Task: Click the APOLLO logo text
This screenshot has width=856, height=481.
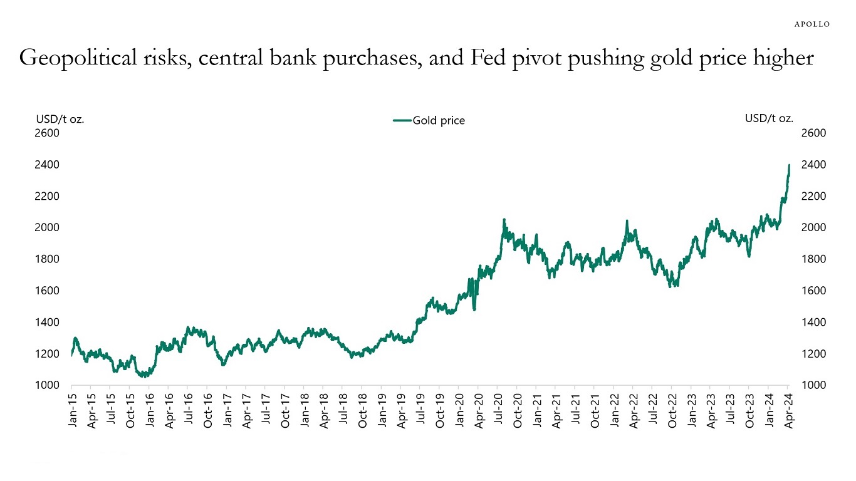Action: (x=812, y=24)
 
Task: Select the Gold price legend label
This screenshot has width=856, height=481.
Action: (x=438, y=121)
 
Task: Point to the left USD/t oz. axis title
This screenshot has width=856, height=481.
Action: (x=60, y=118)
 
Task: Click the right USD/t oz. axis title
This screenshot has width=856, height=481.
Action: (x=769, y=118)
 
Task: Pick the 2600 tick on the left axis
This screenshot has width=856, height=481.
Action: (x=48, y=133)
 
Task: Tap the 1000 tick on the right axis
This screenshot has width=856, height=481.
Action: (x=813, y=386)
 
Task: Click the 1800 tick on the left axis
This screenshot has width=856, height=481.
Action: (x=48, y=259)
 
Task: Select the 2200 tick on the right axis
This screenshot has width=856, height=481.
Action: (x=813, y=197)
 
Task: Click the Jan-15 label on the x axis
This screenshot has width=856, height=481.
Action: (x=73, y=411)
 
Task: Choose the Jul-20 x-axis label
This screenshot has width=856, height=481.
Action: (x=499, y=411)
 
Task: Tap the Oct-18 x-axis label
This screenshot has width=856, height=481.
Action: (x=363, y=411)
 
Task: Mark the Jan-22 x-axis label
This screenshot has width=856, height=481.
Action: (x=615, y=411)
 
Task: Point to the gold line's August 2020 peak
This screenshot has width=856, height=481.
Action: (x=504, y=220)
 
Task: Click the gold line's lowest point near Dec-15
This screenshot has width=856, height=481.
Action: (x=143, y=376)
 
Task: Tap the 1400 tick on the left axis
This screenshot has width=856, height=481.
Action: (x=48, y=323)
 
